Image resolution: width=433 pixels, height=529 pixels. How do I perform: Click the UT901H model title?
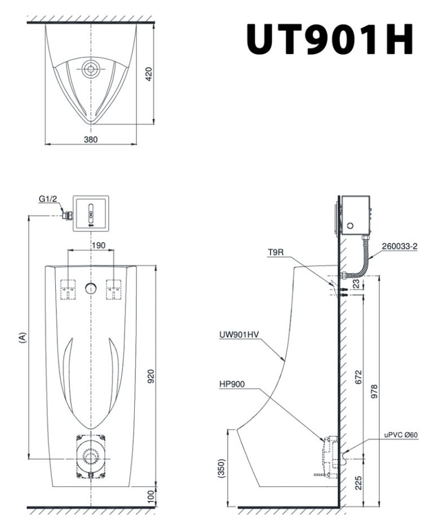click(330, 39)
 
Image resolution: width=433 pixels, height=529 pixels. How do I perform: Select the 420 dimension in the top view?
click(149, 74)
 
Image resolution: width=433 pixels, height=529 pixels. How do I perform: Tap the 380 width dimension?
click(91, 139)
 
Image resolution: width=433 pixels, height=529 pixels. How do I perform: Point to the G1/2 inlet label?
click(49, 199)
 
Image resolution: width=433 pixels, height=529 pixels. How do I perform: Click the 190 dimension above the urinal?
click(99, 245)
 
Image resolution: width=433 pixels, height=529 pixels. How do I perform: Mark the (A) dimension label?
click(23, 337)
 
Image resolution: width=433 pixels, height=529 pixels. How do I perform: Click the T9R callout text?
click(276, 252)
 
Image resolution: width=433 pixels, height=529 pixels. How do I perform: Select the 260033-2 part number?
click(400, 246)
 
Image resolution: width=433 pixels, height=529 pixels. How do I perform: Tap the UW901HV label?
click(239, 335)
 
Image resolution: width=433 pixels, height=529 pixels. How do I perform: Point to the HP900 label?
click(232, 384)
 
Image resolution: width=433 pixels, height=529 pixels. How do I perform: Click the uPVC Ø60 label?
click(401, 435)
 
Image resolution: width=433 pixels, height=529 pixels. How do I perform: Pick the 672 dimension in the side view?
click(359, 377)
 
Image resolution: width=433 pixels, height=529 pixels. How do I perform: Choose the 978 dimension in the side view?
click(374, 392)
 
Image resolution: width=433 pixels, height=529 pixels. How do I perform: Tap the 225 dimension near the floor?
click(359, 483)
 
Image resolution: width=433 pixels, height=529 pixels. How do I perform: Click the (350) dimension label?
click(221, 468)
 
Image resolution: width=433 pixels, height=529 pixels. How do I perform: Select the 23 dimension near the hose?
click(356, 284)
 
